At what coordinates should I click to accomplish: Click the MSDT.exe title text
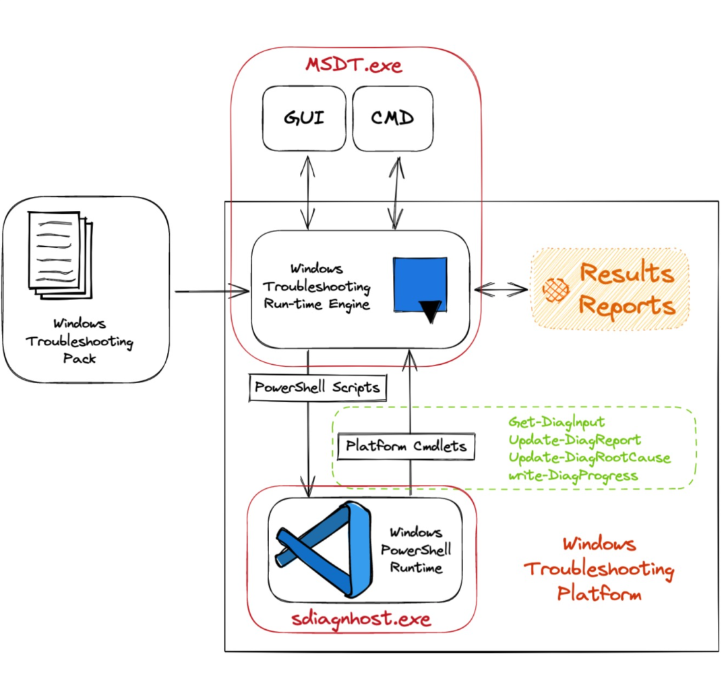click(x=354, y=65)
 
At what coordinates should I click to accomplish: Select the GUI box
click(x=303, y=119)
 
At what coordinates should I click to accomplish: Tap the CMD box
click(x=392, y=119)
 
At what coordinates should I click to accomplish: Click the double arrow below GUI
click(x=309, y=192)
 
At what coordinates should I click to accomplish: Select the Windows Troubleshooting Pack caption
click(x=80, y=341)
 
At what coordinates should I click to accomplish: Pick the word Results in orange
click(x=626, y=274)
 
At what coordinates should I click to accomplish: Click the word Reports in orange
click(x=627, y=305)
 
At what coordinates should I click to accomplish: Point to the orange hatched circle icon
click(x=555, y=289)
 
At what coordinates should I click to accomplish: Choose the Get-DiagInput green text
click(x=557, y=423)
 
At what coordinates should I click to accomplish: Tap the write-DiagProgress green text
click(x=572, y=475)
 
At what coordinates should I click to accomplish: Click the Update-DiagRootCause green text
click(x=590, y=458)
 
